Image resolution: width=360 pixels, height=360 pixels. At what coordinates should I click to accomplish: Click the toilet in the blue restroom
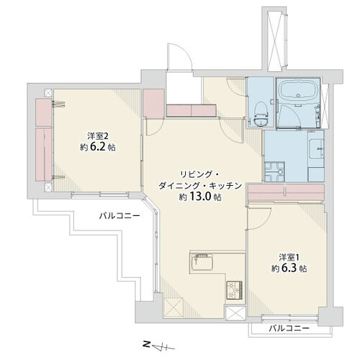(x=261, y=114)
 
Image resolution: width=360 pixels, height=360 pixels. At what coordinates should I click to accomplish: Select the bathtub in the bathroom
(x=298, y=90)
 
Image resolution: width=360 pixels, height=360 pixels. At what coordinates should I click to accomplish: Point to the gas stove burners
(x=235, y=290)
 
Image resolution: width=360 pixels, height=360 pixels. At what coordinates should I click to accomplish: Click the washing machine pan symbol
(x=274, y=171)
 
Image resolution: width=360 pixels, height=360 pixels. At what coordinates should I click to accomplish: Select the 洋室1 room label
(x=289, y=258)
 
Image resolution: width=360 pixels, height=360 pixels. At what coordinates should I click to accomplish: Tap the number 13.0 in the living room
(x=201, y=197)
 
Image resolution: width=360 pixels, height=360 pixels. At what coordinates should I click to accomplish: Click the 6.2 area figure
(x=98, y=148)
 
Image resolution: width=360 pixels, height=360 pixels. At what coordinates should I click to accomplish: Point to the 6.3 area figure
(x=289, y=269)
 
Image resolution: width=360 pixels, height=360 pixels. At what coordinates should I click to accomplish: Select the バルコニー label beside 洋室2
(x=120, y=216)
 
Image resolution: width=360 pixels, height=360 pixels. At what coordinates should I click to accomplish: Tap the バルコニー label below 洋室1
(x=289, y=328)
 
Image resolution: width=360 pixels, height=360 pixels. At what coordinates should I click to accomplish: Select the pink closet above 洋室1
(x=286, y=192)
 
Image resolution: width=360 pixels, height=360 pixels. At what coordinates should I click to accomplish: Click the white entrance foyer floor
(x=184, y=88)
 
